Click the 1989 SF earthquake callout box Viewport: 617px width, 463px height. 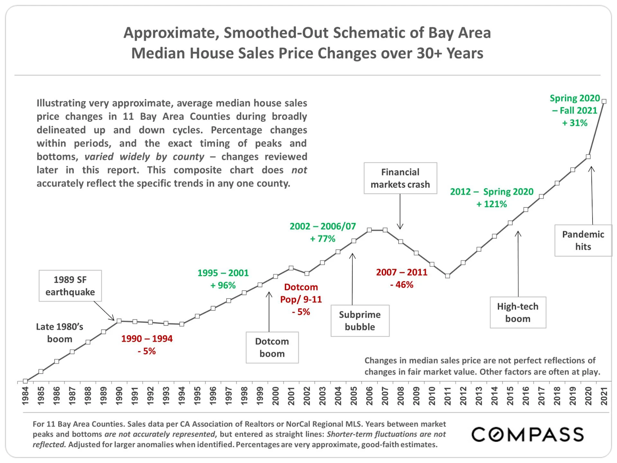[70, 286]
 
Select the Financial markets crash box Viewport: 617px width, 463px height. [400, 178]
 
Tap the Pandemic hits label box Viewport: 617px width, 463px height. [583, 240]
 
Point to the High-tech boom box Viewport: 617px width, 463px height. [518, 313]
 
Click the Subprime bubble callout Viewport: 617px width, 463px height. [360, 321]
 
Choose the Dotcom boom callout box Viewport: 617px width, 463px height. [272, 348]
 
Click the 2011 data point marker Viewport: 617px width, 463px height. [447, 276]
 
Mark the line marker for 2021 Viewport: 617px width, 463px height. [604, 101]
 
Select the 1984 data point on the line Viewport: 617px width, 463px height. [25, 381]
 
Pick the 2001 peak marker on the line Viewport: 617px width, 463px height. [291, 268]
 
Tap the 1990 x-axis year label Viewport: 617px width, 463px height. [119, 396]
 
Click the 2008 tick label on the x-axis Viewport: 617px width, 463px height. [401, 396]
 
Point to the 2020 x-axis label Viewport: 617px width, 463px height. [588, 396]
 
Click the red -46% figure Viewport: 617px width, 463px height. [401, 285]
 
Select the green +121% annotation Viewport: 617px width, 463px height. [492, 204]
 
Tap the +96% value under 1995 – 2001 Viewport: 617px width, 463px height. [223, 286]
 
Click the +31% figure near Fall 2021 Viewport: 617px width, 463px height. [575, 123]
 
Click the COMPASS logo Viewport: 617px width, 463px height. [528, 434]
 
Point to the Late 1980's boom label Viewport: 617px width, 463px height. [60, 333]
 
